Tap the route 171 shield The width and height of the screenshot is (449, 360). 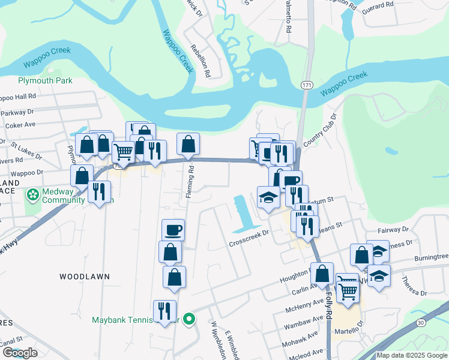307,85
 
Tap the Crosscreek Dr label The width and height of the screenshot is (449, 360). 251,239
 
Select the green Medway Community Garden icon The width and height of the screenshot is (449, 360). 31,196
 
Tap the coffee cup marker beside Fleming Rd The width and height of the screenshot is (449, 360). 173,229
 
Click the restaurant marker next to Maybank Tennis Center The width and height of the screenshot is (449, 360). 164,310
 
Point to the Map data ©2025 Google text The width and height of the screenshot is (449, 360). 412,355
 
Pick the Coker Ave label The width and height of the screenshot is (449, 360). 21,125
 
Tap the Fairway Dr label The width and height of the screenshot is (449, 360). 393,230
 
